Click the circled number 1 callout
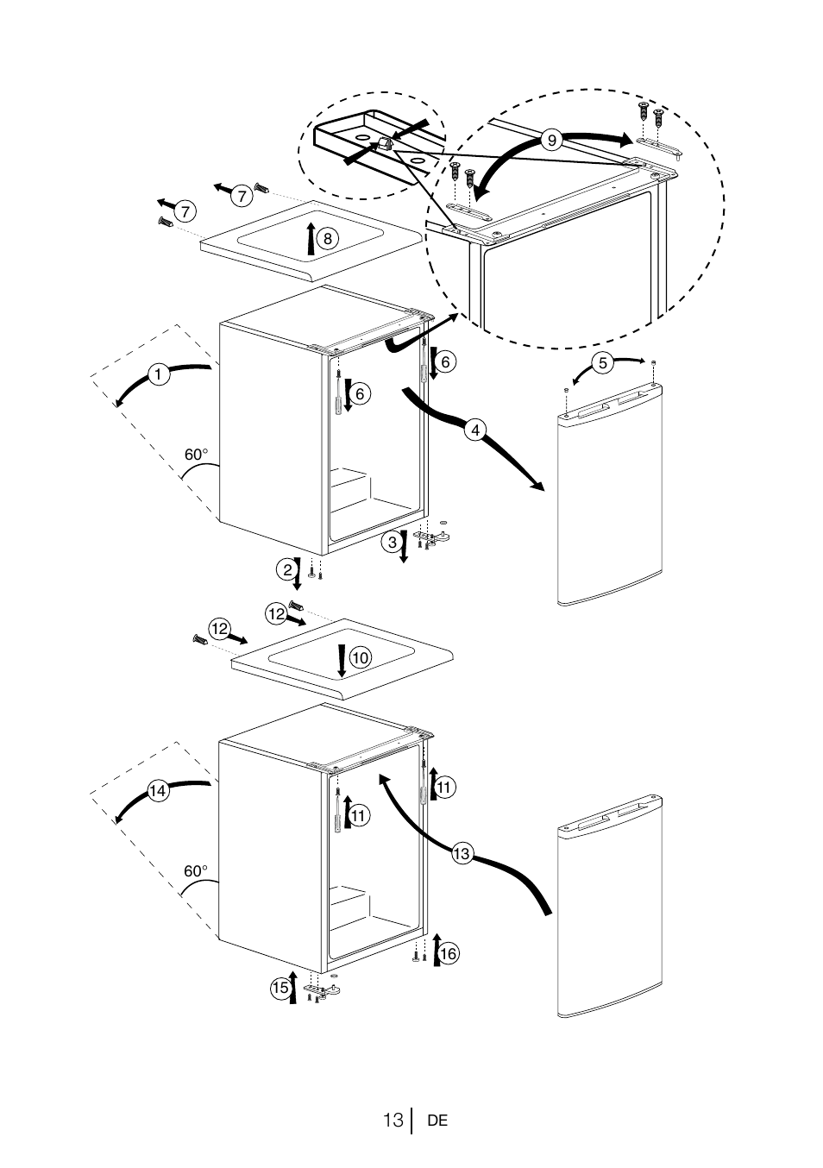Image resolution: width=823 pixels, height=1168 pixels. (159, 374)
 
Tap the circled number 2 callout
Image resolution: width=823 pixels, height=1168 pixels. (285, 569)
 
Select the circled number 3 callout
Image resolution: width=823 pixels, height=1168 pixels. (392, 543)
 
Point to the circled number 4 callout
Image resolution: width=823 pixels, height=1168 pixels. (473, 428)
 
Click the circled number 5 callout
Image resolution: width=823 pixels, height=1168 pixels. (604, 363)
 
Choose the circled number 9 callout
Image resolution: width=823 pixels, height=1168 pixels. (552, 139)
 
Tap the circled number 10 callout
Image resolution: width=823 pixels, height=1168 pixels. (360, 657)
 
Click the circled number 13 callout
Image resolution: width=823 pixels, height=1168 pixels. (462, 854)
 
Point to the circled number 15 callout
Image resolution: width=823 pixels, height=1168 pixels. (280, 989)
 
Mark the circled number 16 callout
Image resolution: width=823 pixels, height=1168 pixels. (448, 953)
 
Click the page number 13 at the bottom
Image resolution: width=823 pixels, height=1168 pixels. (393, 1121)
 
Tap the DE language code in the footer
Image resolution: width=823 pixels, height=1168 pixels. (437, 1121)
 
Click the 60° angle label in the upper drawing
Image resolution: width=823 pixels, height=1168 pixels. (197, 455)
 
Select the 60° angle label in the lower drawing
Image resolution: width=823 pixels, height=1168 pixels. (196, 871)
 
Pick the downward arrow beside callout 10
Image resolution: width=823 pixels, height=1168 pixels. (342, 660)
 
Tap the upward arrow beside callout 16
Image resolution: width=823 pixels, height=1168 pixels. (437, 948)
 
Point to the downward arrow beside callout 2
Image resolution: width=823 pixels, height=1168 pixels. (298, 575)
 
